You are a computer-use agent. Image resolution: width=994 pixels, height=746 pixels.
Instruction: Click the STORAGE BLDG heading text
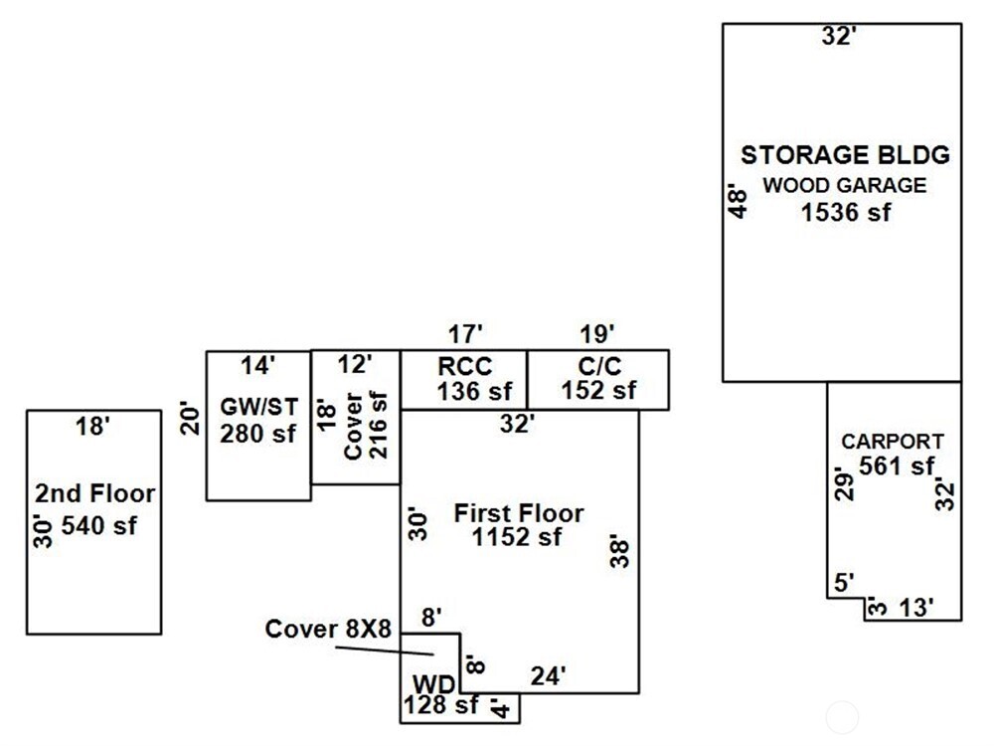846,155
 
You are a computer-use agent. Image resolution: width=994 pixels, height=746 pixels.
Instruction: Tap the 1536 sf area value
846,212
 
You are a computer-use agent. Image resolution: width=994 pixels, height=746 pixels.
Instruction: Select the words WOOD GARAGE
845,185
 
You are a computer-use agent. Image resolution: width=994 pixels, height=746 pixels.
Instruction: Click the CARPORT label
893,442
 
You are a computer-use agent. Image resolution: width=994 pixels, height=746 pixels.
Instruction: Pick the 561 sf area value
898,466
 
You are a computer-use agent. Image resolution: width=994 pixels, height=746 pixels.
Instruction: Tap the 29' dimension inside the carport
843,482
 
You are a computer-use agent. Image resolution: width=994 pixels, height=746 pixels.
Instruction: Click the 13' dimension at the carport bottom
915,608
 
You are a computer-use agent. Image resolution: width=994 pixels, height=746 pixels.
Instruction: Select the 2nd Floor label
95,494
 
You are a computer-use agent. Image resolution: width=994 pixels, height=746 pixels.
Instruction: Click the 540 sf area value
98,526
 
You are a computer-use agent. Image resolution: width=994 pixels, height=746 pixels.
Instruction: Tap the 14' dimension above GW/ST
257,366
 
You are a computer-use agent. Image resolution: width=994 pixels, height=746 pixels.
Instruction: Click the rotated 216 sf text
379,425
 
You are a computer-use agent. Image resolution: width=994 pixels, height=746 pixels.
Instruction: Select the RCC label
464,365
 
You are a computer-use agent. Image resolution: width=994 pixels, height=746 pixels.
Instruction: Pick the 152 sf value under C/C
598,391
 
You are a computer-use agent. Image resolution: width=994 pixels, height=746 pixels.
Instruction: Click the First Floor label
519,514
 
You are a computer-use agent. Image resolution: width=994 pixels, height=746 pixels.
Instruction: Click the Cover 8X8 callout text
329,630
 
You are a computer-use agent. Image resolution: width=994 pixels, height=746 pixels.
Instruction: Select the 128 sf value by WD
440,707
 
